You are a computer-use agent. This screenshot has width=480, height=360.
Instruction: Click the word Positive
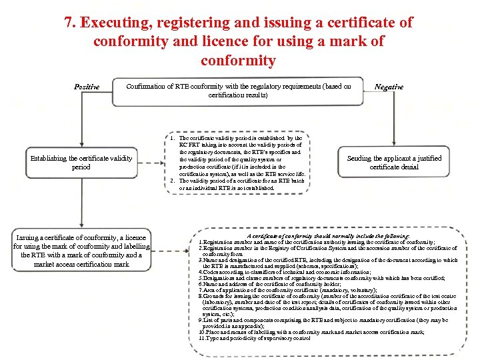(87, 87)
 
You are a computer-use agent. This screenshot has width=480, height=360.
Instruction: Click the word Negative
(389, 87)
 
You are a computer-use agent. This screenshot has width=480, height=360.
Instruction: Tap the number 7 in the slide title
(69, 22)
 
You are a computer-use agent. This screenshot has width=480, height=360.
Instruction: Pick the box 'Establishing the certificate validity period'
(81, 163)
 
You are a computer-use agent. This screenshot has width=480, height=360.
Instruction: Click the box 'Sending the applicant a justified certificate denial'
(395, 163)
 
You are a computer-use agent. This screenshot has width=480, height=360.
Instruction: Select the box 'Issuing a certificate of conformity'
(81, 251)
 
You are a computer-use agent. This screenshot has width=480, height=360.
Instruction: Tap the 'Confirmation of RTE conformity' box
(239, 91)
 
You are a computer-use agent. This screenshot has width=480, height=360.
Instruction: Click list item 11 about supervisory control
(255, 338)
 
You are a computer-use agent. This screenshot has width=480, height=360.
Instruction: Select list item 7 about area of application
(288, 290)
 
